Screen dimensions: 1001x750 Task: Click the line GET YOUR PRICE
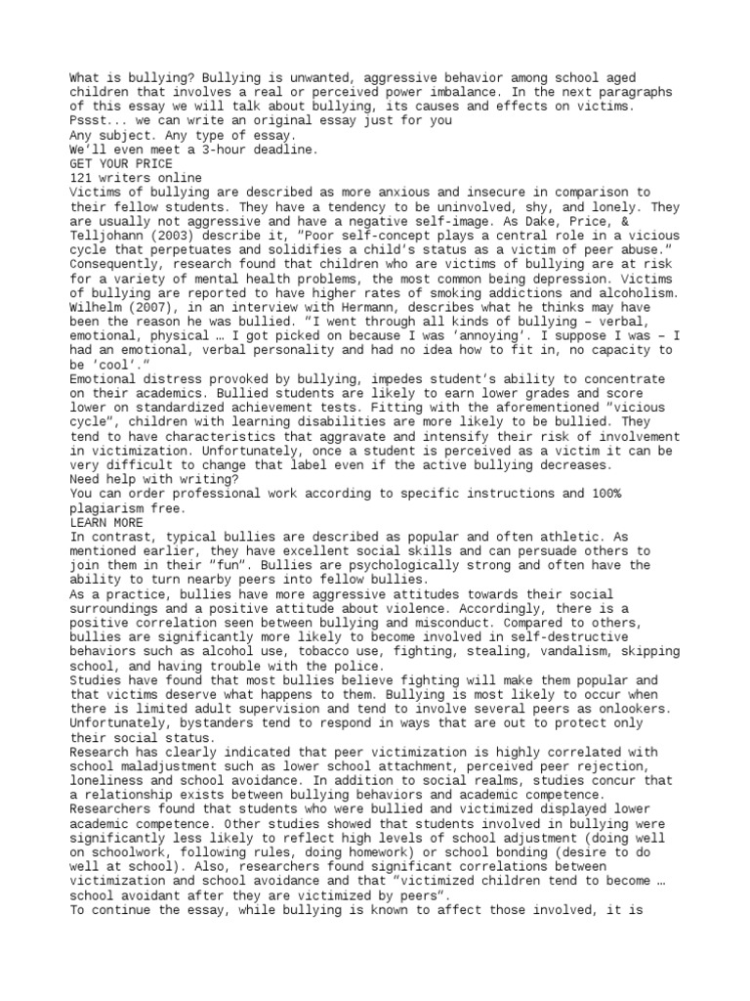120,164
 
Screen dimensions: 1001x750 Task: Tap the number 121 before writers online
82,179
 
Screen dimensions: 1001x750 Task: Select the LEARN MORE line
105,523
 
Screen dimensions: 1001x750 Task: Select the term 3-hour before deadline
228,150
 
